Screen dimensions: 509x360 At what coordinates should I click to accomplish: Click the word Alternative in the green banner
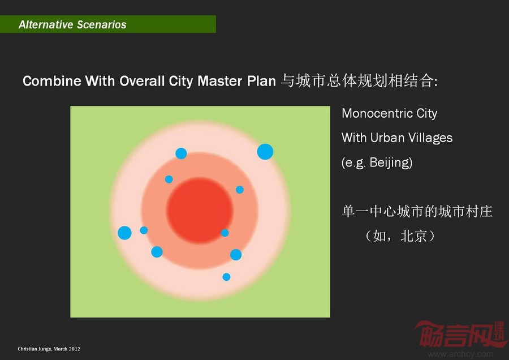[46, 24]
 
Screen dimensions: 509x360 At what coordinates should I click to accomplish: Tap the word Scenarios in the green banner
[102, 24]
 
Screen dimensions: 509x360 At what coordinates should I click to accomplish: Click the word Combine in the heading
[52, 80]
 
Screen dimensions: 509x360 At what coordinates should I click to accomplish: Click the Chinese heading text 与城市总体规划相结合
[357, 80]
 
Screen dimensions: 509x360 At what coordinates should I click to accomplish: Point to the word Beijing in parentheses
[390, 162]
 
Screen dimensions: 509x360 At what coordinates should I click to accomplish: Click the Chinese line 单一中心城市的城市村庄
[417, 212]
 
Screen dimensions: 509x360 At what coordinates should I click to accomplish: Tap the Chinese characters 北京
[413, 236]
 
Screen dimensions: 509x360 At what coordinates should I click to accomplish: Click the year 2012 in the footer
[75, 349]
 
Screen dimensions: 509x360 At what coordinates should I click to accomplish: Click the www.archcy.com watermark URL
[460, 354]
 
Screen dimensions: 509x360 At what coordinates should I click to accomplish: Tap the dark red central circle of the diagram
[200, 210]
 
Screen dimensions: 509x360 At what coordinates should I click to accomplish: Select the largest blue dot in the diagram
[265, 152]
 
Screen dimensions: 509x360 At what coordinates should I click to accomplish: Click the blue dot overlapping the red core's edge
[225, 233]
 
